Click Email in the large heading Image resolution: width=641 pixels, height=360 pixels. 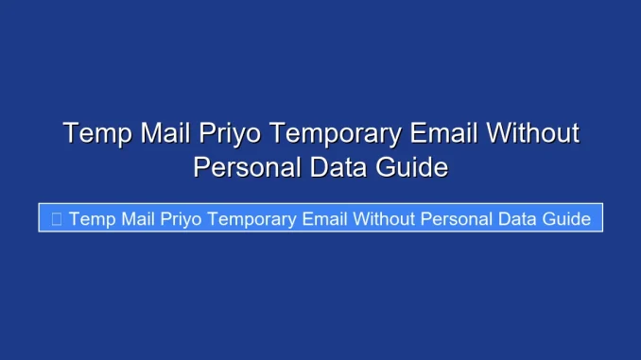coord(444,133)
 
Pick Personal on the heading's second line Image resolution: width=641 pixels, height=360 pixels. coord(248,168)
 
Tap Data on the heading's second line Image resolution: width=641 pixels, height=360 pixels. coord(340,168)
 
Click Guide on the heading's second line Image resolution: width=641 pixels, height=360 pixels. coord(412,168)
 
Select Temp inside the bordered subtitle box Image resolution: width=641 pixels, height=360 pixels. coord(91,219)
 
